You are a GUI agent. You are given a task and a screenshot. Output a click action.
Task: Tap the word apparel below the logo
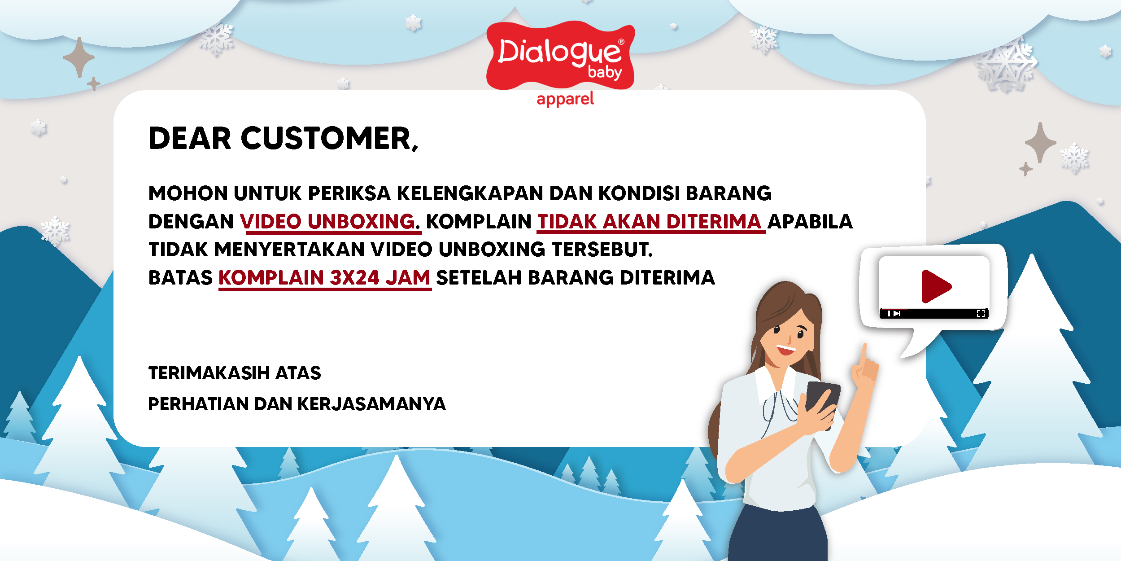coord(565,99)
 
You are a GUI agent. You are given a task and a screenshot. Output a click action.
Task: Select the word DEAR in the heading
coord(189,138)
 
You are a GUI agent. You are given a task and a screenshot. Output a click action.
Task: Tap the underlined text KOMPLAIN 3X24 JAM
coord(324,277)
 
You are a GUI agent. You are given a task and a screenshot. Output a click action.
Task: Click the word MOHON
coord(188,193)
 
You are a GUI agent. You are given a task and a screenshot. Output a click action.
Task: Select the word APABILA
coord(810,221)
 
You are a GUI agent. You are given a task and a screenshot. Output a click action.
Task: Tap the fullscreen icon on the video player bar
coord(981,314)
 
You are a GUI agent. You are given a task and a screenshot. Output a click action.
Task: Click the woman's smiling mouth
coord(786,349)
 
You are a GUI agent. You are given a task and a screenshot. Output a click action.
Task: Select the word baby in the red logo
coord(605,72)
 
